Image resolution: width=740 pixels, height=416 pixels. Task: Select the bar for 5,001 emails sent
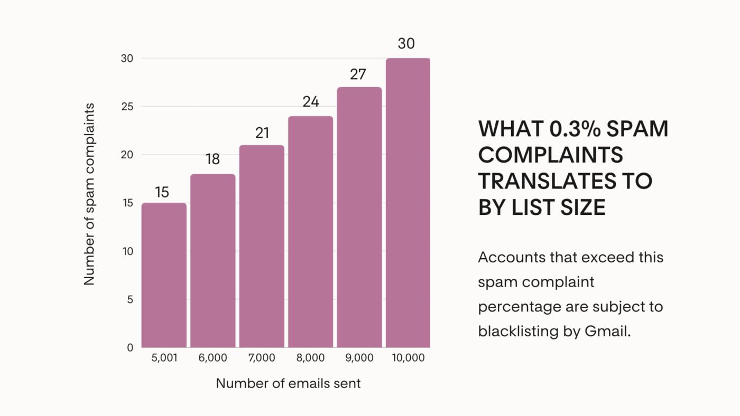164,275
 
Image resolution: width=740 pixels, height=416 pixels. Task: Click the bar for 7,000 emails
262,246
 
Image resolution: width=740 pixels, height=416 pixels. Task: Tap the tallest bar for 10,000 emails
408,203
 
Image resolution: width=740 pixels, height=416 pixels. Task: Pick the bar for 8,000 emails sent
311,232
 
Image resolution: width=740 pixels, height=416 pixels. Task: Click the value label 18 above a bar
212,159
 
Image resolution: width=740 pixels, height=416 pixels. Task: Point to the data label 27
358,74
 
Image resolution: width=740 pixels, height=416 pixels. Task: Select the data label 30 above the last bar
406,44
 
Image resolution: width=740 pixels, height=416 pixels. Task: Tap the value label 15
162,192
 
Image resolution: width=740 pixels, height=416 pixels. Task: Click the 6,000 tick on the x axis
212,358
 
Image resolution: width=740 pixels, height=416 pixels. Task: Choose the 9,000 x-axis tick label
359,358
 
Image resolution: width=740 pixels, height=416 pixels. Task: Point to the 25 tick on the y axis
127,107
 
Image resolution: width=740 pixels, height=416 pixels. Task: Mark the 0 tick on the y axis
130,348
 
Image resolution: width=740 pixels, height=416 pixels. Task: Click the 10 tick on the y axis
127,251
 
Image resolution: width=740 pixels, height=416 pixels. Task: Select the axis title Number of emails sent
288,384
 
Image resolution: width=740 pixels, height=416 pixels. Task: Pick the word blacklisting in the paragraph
515,331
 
